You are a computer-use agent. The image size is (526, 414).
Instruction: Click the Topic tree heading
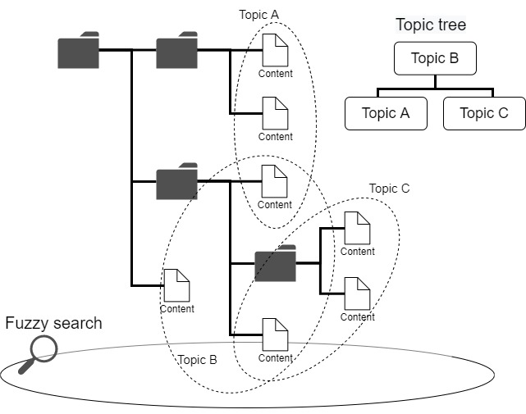[x=431, y=25]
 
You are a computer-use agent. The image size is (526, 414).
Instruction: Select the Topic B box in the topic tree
[x=434, y=59]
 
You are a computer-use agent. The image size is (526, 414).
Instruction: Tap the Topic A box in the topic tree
[x=386, y=113]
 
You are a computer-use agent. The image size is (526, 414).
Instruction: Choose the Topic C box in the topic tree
[x=483, y=113]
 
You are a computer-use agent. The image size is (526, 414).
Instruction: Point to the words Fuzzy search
[x=54, y=323]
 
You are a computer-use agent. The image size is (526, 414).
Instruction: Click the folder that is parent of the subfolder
[x=176, y=182]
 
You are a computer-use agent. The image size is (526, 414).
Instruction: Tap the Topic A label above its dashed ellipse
[x=258, y=15]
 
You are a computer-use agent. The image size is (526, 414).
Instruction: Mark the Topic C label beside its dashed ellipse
[x=389, y=189]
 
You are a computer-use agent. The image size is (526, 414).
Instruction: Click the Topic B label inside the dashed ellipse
[x=197, y=360]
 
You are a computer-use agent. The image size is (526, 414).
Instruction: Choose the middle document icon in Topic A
[x=275, y=114]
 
